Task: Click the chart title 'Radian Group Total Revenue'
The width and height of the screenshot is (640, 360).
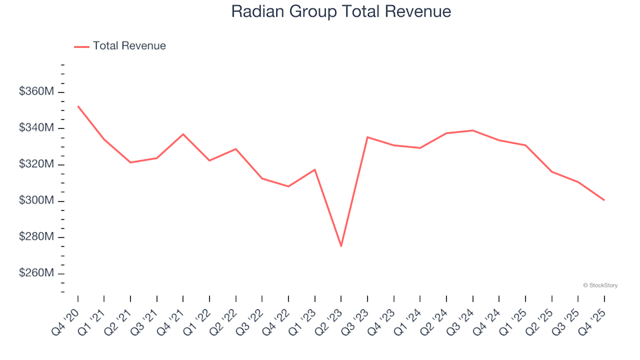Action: tap(341, 11)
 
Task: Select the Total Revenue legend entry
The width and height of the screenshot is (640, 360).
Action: tap(120, 46)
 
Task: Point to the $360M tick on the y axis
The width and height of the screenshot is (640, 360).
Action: tap(37, 92)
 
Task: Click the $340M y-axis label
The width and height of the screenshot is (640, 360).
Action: tap(37, 128)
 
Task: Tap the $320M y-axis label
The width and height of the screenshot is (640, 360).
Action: tap(37, 165)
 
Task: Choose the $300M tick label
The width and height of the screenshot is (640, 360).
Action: tap(37, 201)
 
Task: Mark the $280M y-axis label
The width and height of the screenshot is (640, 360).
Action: tap(37, 237)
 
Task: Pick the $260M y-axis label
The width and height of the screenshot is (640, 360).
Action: tap(37, 273)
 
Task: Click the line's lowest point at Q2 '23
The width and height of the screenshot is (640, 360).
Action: tap(341, 246)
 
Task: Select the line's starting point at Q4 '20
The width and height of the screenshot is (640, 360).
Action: tap(78, 106)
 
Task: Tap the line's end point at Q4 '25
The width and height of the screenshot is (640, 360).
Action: tap(604, 200)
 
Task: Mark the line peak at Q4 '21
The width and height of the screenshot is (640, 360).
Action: tap(183, 134)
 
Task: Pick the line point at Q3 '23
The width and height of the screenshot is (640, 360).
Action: tap(367, 137)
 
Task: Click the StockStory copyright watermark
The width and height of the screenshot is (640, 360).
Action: tap(600, 285)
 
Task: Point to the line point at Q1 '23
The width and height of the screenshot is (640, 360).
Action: tap(315, 169)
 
